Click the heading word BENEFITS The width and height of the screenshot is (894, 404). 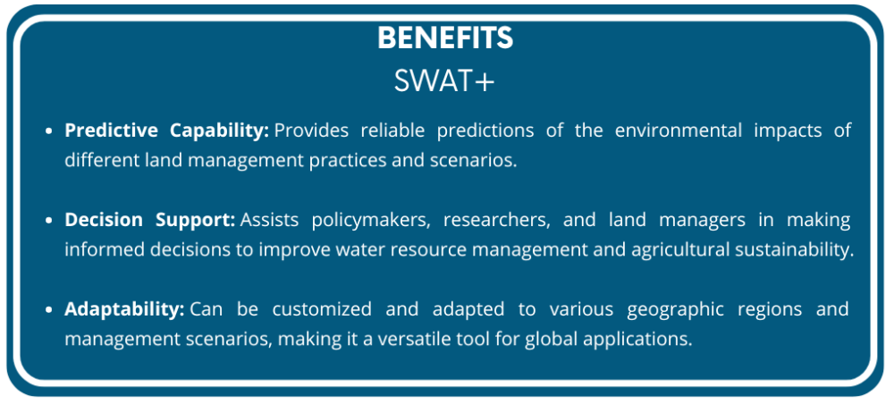pos(445,38)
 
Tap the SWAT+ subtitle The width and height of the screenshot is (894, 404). pos(444,80)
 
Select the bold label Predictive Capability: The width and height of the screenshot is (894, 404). pos(166,130)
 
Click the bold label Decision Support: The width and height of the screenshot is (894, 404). pos(149,219)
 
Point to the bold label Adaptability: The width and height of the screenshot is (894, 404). pos(124,309)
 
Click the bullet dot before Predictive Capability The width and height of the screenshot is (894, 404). pos(50,131)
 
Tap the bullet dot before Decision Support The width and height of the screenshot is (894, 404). pos(50,220)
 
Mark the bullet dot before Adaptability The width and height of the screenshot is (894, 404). pos(50,310)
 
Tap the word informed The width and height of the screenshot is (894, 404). pos(98,249)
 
